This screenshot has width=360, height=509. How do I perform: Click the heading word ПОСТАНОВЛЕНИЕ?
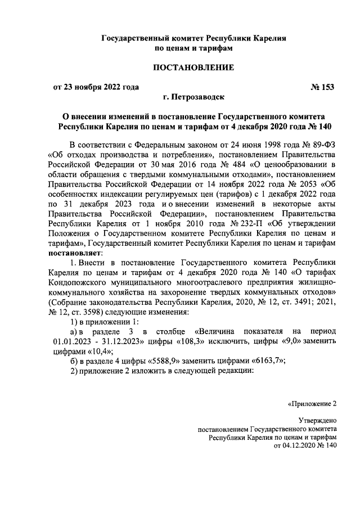pos(194,68)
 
